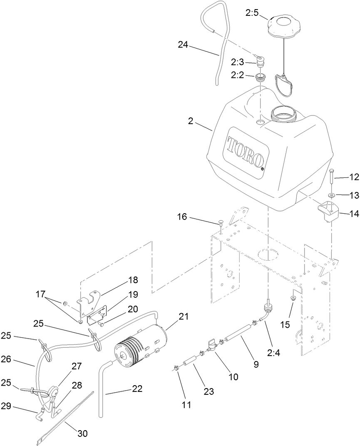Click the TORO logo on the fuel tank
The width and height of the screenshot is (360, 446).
click(246, 152)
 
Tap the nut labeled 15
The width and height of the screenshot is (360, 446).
click(293, 297)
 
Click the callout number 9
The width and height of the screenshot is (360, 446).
click(256, 364)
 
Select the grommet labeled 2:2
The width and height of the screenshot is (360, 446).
click(261, 77)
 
